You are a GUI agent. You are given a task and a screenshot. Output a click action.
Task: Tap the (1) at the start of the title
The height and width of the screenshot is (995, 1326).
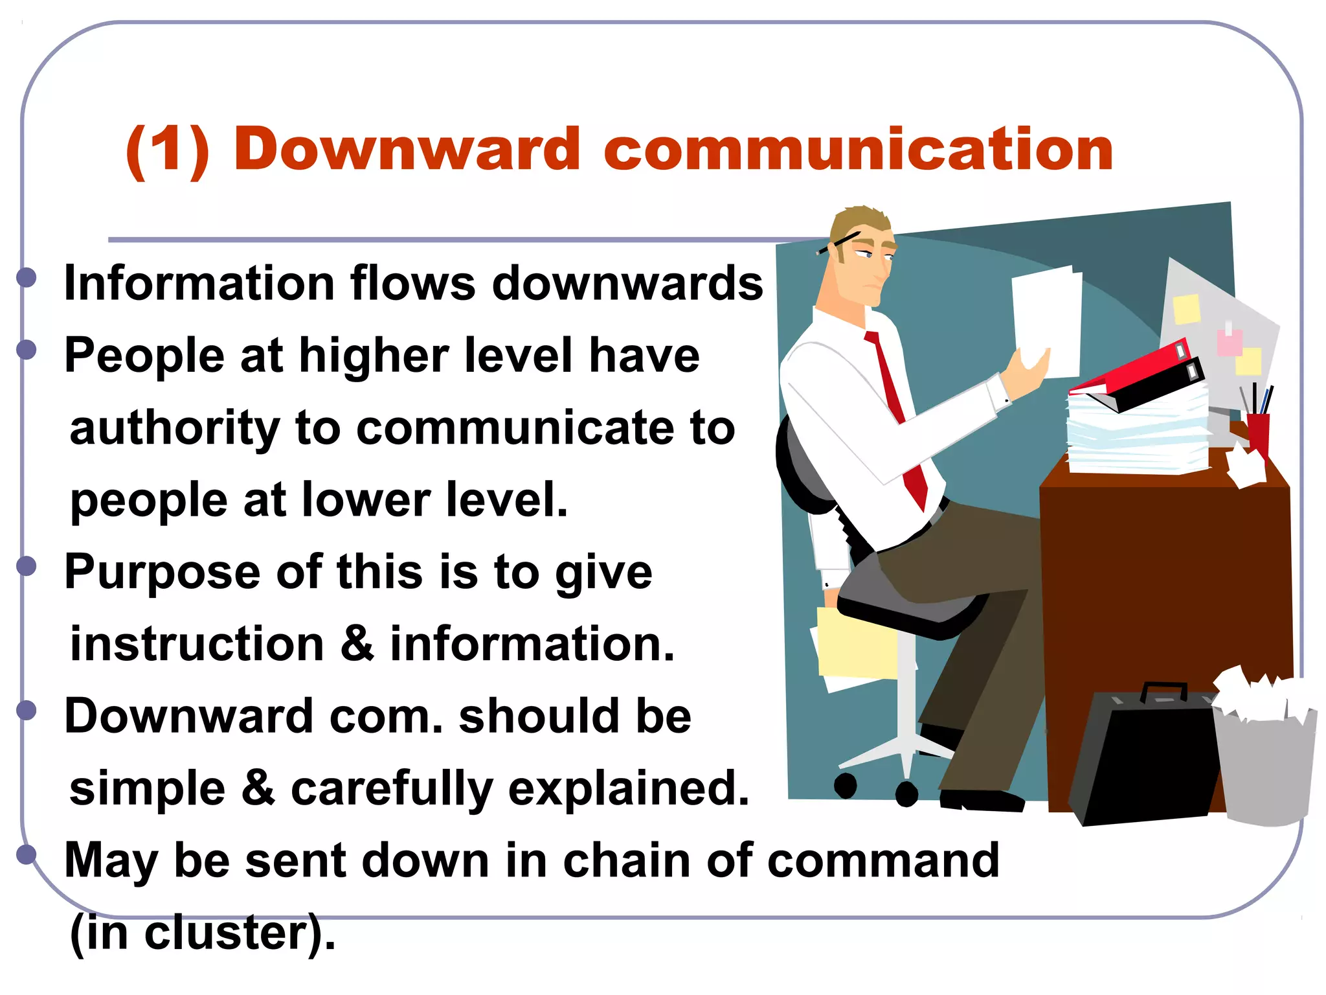pos(168,150)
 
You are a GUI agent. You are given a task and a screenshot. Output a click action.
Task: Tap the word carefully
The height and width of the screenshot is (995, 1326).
pos(392,789)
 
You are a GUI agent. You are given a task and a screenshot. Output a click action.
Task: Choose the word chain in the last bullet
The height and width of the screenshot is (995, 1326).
pos(626,860)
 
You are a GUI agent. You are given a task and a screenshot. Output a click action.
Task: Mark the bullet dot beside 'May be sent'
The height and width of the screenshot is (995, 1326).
pos(27,854)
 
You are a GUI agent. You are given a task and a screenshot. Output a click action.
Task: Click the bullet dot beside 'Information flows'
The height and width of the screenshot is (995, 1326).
pos(27,278)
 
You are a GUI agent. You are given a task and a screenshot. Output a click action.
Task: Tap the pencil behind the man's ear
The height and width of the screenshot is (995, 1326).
pos(839,242)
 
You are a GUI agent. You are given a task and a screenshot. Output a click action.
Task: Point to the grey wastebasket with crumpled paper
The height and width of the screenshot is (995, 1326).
pos(1266,764)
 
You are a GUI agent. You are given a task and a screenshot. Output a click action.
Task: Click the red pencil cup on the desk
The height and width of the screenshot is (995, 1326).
pos(1258,431)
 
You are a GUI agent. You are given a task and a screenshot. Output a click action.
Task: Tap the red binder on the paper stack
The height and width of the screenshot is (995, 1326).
pos(1130,369)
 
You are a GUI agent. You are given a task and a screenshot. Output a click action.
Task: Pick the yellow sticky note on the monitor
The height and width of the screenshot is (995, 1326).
pos(1187,309)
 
